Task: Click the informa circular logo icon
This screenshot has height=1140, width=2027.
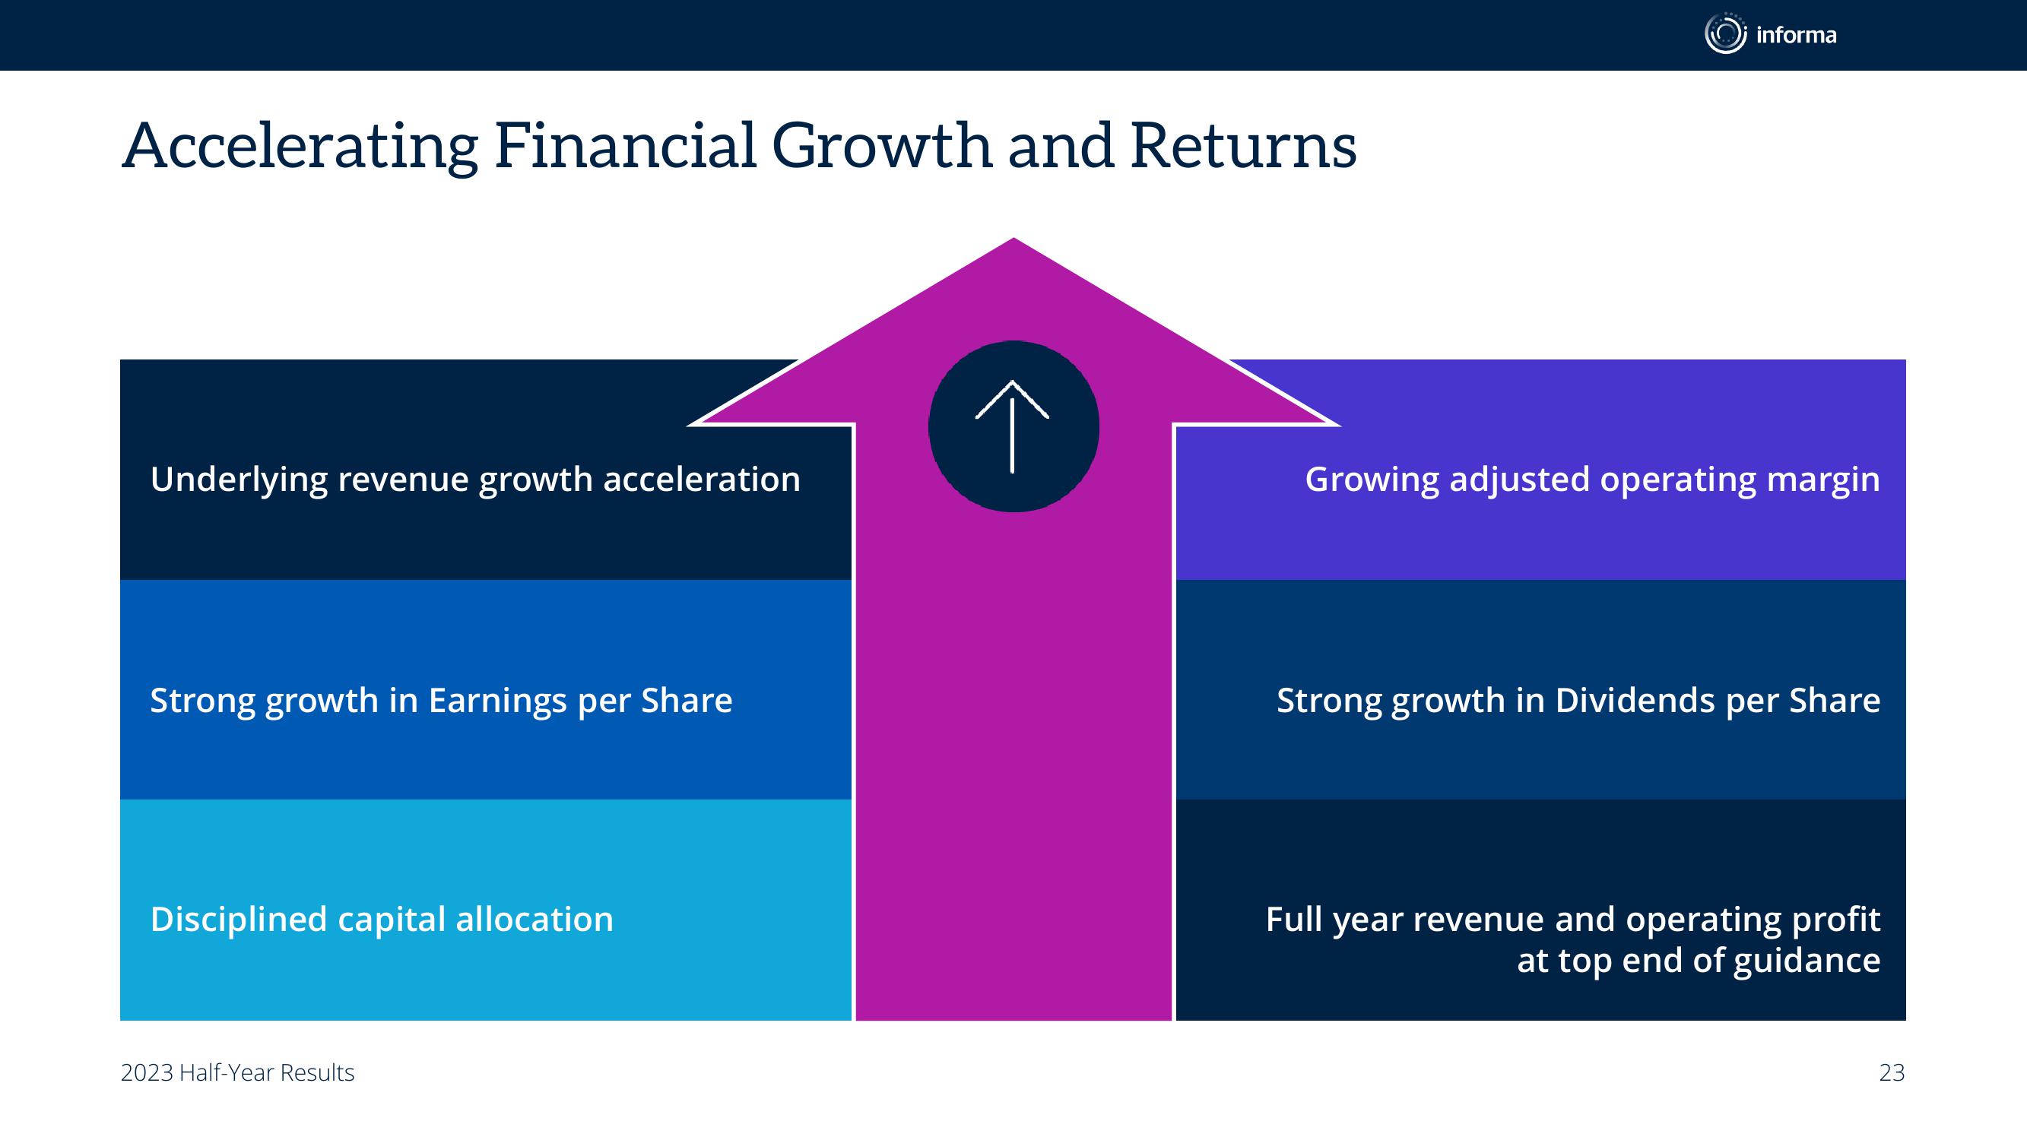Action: click(x=1726, y=34)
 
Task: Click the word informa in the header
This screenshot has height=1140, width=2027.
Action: click(x=1797, y=36)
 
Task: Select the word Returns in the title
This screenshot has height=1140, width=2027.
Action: click(x=1243, y=147)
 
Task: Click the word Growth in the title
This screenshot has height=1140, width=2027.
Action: click(x=881, y=146)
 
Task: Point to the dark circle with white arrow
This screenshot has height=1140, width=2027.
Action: click(x=1013, y=426)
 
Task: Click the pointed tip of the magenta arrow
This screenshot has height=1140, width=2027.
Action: click(x=1013, y=238)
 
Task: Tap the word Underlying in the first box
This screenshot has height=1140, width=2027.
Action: click(x=239, y=480)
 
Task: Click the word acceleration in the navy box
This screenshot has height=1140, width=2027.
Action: click(x=702, y=479)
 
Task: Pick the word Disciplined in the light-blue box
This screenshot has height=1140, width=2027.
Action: click(x=239, y=919)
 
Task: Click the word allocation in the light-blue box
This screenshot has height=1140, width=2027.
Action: click(x=535, y=919)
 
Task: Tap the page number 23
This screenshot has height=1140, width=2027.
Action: click(x=1892, y=1073)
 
